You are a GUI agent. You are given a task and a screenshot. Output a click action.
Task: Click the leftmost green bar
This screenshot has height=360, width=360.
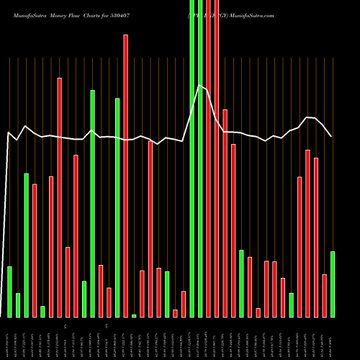pyautogui.click(x=9, y=292)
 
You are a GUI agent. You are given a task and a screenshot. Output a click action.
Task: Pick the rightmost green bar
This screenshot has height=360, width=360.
pyautogui.click(x=332, y=284)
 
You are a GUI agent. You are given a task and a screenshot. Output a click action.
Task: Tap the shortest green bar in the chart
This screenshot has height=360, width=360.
pyautogui.click(x=134, y=315)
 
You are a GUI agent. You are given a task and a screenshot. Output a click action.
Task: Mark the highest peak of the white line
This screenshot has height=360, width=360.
pyautogui.click(x=199, y=86)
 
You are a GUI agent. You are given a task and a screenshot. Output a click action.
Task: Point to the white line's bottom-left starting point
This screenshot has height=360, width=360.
pyautogui.click(x=1, y=315)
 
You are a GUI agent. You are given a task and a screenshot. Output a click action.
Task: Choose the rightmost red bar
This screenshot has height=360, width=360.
pyautogui.click(x=324, y=295)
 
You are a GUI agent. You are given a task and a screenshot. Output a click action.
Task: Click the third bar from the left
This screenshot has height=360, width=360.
pyautogui.click(x=26, y=245)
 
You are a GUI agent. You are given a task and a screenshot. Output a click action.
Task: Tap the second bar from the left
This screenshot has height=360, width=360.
pyautogui.click(x=18, y=305)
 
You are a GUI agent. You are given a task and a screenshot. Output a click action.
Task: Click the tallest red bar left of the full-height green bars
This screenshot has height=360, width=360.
pyautogui.click(x=125, y=176)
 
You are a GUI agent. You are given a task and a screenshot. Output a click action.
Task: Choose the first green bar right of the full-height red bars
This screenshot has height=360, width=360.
pyautogui.click(x=241, y=283)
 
